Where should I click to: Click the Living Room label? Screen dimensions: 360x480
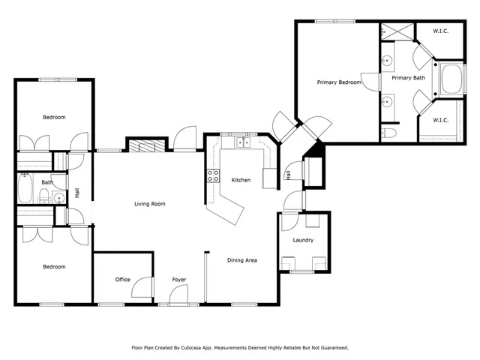coord(149,204)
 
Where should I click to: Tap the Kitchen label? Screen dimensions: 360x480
coord(241,180)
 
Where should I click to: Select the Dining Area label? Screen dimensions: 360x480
coord(242,260)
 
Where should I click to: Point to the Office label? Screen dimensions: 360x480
coord(123,280)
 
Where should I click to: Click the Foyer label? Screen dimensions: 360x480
coord(178,280)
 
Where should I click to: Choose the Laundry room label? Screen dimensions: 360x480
coord(303,240)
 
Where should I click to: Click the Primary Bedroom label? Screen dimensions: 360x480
coord(339,82)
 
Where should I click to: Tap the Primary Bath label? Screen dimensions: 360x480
coord(407,77)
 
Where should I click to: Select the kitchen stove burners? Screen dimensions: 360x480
coord(213,176)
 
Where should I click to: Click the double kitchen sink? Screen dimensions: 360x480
coord(243,142)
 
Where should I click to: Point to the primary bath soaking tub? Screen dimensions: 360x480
coord(451,81)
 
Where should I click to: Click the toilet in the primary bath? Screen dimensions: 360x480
coord(389,133)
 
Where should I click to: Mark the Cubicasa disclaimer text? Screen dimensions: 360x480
coord(240,347)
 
